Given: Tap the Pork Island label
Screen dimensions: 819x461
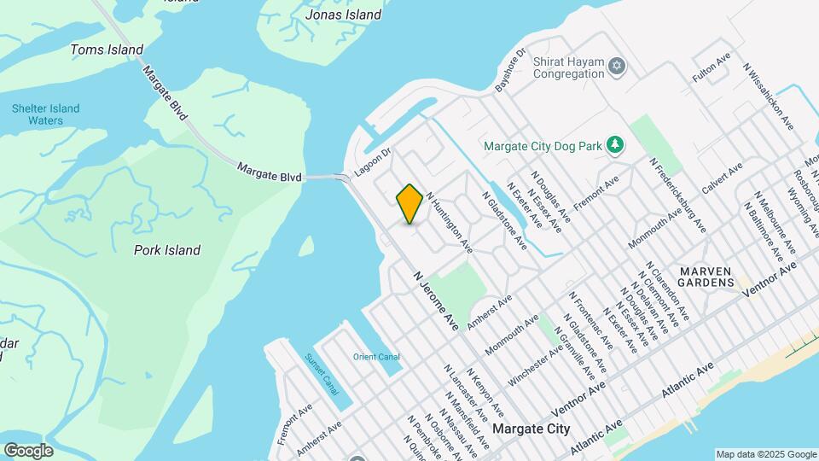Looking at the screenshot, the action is point(167,250).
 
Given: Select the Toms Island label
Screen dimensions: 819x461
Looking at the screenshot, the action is point(107,50).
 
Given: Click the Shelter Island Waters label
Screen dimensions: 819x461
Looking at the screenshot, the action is point(45,114).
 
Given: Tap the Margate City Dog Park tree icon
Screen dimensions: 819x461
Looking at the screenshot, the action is point(613,146).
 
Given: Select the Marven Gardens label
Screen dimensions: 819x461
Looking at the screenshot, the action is point(706,277).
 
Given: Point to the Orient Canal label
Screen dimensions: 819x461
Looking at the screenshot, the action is point(376,357).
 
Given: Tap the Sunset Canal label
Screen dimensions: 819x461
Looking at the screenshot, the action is point(322,374).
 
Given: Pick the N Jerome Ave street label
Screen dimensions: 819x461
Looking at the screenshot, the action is point(436,301).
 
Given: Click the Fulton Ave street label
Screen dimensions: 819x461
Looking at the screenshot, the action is point(712,68).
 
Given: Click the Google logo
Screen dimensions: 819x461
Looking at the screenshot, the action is point(28,451).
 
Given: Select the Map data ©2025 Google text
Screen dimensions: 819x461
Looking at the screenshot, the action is point(765,454).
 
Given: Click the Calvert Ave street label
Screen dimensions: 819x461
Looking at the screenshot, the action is point(724,178).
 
